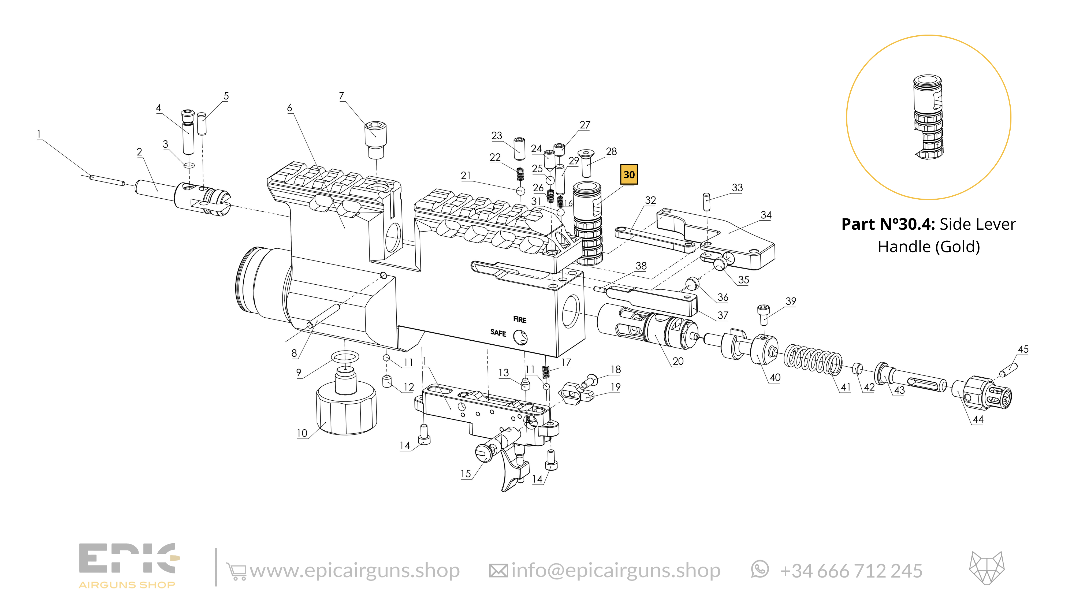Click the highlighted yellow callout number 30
pyautogui.click(x=629, y=174)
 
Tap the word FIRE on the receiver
pyautogui.click(x=519, y=320)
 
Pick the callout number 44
pyautogui.click(x=978, y=419)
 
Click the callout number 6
pyautogui.click(x=290, y=108)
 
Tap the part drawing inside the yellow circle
pyautogui.click(x=929, y=117)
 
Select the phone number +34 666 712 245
pyautogui.click(x=851, y=571)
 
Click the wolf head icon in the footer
pyautogui.click(x=987, y=568)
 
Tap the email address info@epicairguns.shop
pyautogui.click(x=616, y=571)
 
